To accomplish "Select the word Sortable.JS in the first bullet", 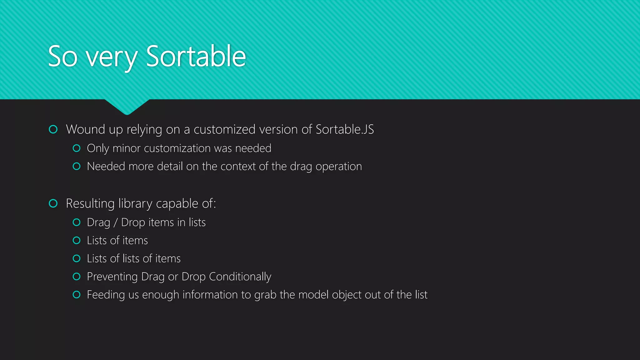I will [345, 129].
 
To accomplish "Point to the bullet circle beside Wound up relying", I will [53, 129].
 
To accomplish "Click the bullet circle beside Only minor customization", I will [77, 148].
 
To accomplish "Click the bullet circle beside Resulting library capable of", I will [53, 203].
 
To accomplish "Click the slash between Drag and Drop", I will [116, 222].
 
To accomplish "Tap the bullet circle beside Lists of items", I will [77, 240].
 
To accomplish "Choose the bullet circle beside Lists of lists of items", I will [77, 258].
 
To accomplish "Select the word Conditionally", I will [240, 277].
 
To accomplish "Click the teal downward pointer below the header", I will [127, 107].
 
